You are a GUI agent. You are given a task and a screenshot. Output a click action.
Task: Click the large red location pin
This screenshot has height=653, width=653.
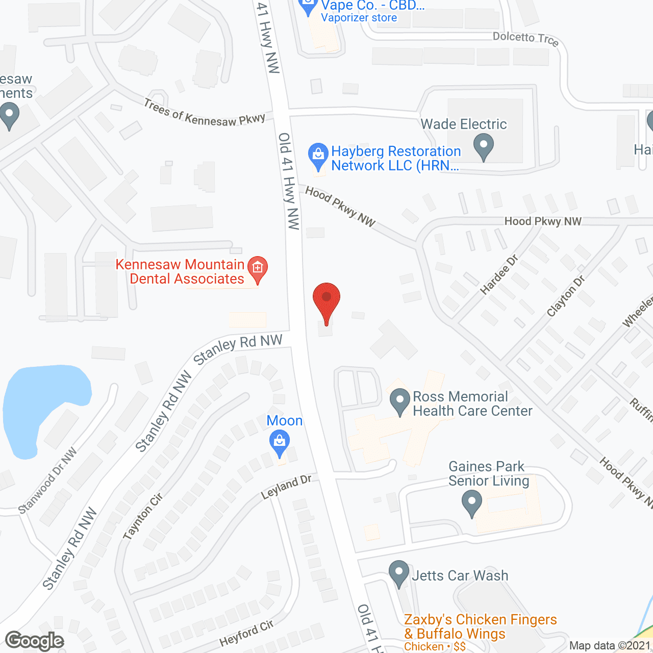pyautogui.click(x=326, y=300)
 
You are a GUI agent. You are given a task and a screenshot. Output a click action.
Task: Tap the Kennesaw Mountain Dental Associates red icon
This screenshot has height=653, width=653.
pyautogui.click(x=258, y=269)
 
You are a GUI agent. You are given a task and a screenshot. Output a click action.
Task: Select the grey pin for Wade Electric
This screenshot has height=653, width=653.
pyautogui.click(x=484, y=146)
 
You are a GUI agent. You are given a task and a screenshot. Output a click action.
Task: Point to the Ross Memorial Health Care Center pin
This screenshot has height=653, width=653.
pyautogui.click(x=400, y=401)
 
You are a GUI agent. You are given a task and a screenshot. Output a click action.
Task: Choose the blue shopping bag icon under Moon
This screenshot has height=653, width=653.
pyautogui.click(x=279, y=442)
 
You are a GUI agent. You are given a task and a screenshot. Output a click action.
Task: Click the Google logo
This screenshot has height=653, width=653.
pyautogui.click(x=35, y=641)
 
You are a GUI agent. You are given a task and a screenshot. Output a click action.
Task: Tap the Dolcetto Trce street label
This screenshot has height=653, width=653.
pyautogui.click(x=525, y=39)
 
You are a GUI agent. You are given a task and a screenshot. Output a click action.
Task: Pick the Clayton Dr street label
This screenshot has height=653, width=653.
pyautogui.click(x=566, y=296)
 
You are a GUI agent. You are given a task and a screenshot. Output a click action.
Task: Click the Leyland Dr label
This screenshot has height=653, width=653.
pyautogui.click(x=286, y=487)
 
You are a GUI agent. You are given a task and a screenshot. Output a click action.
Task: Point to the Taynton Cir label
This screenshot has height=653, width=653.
pyautogui.click(x=143, y=516)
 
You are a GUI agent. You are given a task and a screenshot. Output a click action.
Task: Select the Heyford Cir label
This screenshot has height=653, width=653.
pyautogui.click(x=246, y=633)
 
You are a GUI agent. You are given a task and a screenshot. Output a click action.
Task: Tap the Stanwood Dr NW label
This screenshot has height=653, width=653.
pyautogui.click(x=47, y=481)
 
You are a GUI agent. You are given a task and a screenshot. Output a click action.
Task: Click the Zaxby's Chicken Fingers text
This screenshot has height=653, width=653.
pyautogui.click(x=480, y=620)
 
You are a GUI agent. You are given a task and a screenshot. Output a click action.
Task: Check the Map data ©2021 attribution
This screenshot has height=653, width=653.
pyautogui.click(x=610, y=646)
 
